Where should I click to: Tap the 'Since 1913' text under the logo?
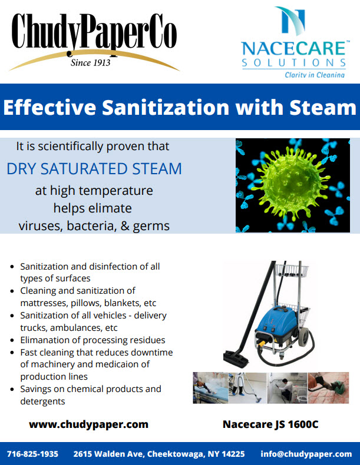91,62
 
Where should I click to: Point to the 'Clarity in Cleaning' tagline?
315,75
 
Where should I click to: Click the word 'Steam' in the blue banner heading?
323,107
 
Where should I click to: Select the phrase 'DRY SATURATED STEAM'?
94,168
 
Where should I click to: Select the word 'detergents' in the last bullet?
42,401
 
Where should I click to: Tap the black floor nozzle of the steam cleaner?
236,358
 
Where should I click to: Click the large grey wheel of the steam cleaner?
303,337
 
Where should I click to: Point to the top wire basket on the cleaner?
292,270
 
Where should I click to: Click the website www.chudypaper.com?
88,424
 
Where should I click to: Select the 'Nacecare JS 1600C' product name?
270,424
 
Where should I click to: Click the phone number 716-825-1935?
32,454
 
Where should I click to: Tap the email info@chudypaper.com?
306,454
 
